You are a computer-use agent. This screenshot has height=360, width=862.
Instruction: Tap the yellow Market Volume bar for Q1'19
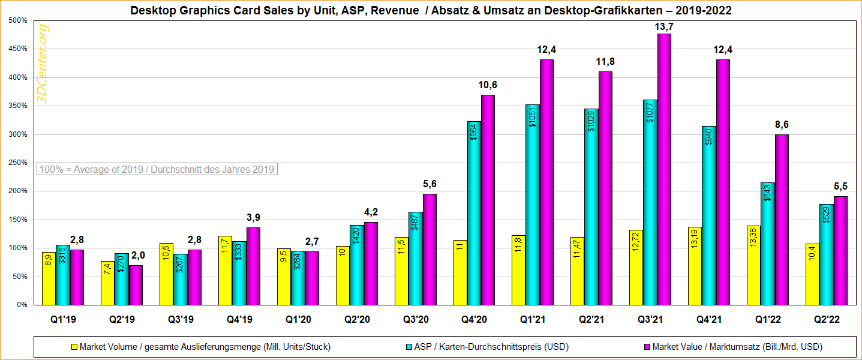pyautogui.click(x=49, y=278)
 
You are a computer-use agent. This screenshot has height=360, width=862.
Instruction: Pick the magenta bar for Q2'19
pyautogui.click(x=136, y=285)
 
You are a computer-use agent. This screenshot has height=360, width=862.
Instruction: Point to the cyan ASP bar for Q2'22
pyautogui.click(x=826, y=254)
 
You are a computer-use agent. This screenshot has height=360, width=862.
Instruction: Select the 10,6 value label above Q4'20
pyautogui.click(x=488, y=85)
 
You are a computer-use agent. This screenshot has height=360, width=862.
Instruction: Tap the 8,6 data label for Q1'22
pyautogui.click(x=781, y=125)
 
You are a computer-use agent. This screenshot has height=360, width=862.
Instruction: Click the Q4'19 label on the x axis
pyautogui.click(x=239, y=320)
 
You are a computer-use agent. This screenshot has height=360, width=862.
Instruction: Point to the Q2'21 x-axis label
pyautogui.click(x=591, y=320)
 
